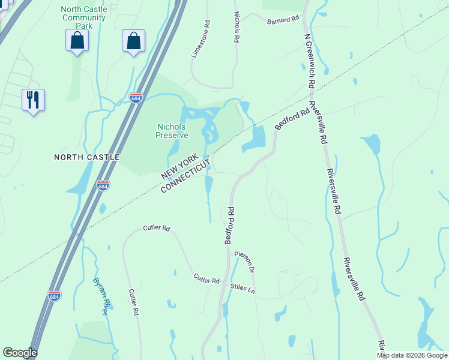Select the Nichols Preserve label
[x=172, y=131]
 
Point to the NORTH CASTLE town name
[x=86, y=157]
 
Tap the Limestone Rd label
[x=201, y=40]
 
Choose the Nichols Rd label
[x=237, y=26]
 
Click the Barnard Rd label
[x=283, y=20]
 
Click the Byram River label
[x=101, y=296]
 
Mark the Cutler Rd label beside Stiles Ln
[x=207, y=280]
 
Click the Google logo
[x=20, y=353]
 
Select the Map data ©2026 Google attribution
[x=412, y=355]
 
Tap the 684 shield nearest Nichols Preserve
[x=136, y=97]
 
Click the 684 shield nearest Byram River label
[x=53, y=295]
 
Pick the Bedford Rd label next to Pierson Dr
[x=229, y=226]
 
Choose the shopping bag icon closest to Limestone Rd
[x=133, y=41]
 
